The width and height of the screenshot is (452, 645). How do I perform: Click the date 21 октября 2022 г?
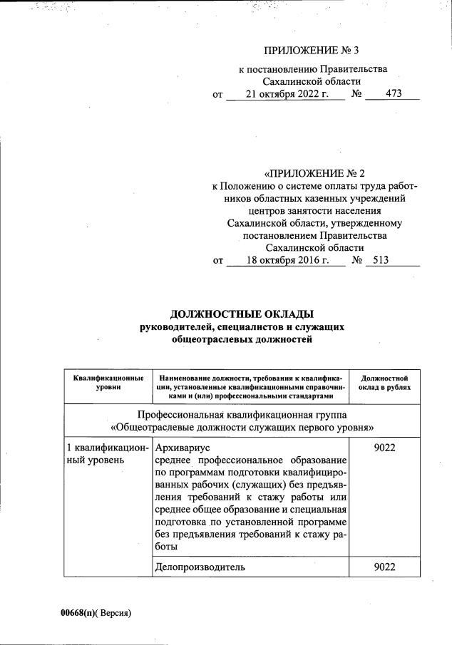point(284,94)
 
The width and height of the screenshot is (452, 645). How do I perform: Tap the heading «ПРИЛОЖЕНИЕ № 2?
point(314,173)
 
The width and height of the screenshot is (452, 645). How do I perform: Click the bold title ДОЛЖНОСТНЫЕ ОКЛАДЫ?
point(242,314)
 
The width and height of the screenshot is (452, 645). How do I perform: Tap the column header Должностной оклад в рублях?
point(384,381)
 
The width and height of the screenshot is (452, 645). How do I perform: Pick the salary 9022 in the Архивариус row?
point(384,446)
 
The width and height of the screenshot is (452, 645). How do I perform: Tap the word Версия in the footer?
point(115,613)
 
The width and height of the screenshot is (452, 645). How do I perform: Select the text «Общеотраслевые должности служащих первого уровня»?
point(242,428)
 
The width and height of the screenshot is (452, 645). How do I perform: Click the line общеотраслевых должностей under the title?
point(242,340)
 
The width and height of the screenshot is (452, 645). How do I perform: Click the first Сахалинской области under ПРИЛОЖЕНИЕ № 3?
point(313,81)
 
